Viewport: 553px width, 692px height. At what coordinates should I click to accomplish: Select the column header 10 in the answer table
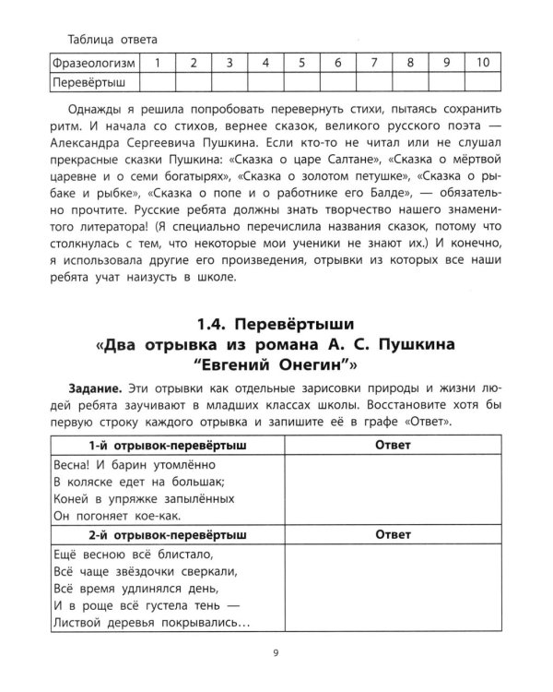tap(482, 63)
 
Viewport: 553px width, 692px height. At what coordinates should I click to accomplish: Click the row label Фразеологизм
tap(95, 63)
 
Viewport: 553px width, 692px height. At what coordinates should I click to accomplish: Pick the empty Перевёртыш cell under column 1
tap(158, 82)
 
